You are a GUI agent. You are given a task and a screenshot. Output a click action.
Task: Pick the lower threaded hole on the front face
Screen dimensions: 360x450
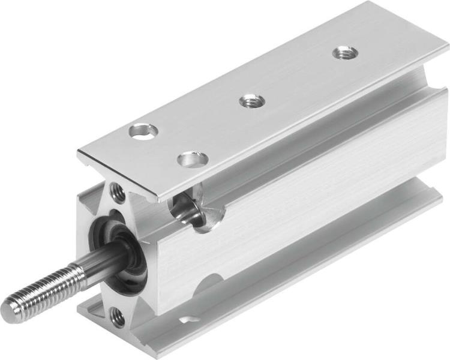(x=118, y=317)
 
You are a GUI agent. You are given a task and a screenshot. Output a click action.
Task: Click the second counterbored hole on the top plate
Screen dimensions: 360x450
(x=193, y=160)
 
